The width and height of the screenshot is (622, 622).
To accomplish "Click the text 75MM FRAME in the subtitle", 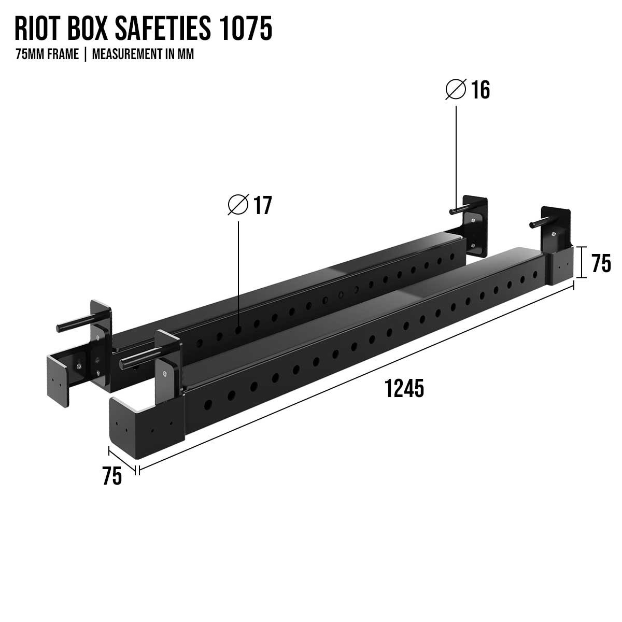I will (x=47, y=54).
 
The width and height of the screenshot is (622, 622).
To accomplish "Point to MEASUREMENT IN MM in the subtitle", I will (x=143, y=54).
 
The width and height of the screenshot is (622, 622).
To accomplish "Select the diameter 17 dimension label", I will (x=262, y=206).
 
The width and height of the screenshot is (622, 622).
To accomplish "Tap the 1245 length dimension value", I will (x=404, y=388).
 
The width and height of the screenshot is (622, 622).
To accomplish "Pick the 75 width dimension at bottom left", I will (x=112, y=476).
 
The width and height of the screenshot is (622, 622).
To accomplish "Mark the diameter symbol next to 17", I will (x=238, y=205).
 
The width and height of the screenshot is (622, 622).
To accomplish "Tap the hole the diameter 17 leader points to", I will (x=238, y=329).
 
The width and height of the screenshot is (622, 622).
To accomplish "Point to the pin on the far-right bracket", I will (x=536, y=224).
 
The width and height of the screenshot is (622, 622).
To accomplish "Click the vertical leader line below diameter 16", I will (x=456, y=155).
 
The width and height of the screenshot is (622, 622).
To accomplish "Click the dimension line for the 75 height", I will (x=582, y=262).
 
